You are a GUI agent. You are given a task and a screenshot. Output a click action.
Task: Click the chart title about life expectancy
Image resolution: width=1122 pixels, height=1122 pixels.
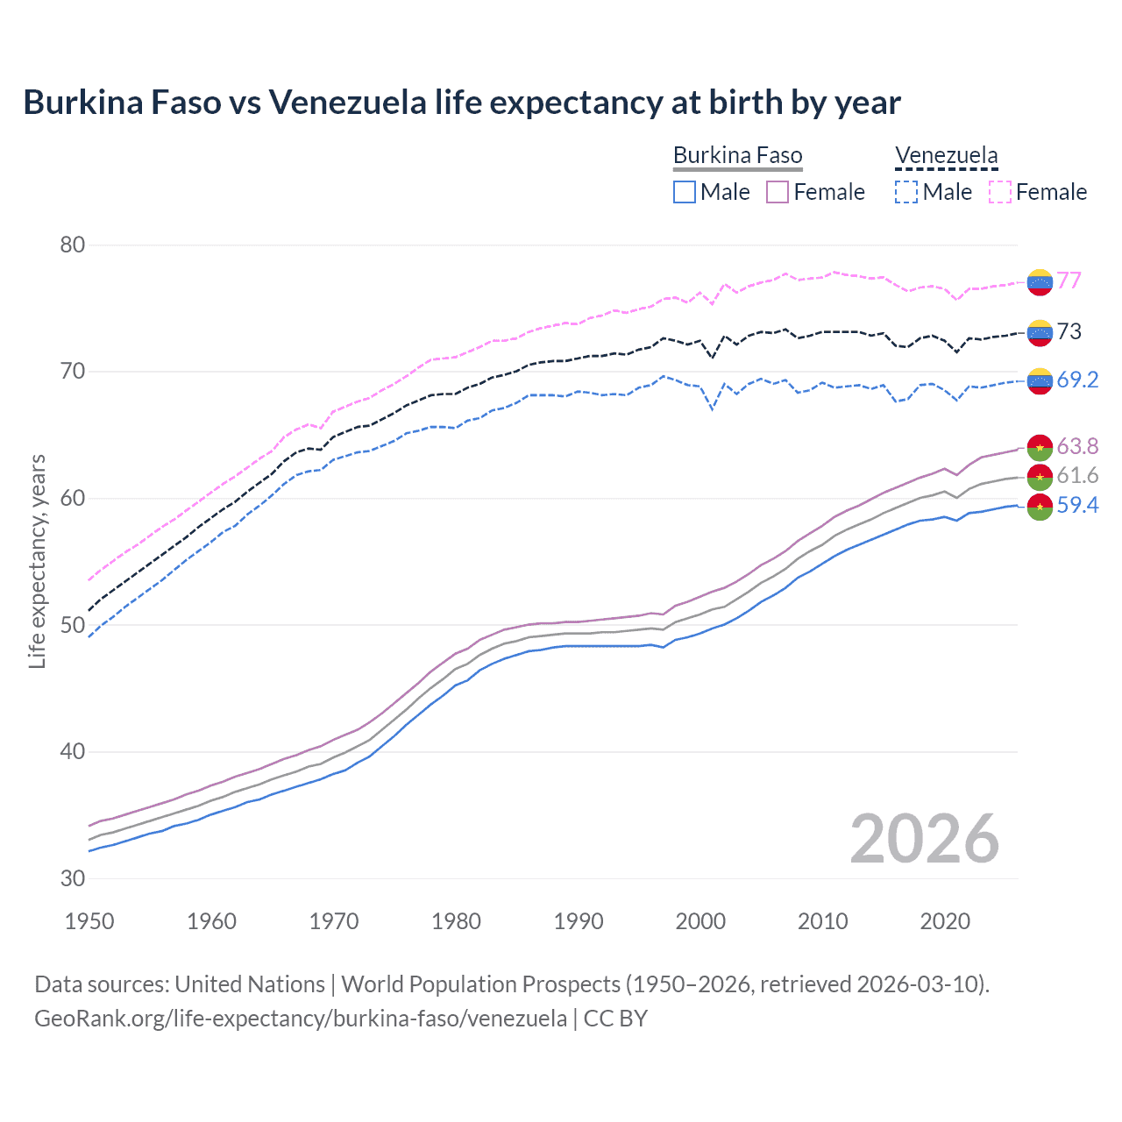tap(461, 103)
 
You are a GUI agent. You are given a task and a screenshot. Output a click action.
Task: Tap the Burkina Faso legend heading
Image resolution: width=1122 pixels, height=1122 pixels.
tap(737, 156)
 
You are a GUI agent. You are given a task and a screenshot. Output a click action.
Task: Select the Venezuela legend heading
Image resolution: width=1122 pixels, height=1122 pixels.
tap(946, 156)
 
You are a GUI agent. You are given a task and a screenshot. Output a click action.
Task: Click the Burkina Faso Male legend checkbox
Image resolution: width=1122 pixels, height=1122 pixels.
tap(685, 192)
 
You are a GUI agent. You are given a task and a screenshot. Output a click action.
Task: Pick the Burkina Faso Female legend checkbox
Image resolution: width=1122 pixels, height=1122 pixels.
tap(778, 192)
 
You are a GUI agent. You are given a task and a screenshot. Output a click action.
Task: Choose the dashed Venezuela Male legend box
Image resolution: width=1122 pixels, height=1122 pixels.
tap(906, 192)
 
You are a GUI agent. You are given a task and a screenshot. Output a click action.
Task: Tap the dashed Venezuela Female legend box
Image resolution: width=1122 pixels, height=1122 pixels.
tap(1000, 192)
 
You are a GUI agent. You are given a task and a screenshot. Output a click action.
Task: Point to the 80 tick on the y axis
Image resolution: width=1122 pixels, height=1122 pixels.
tap(73, 245)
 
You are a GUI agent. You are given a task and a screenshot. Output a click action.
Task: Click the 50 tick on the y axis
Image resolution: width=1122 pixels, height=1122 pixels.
tap(73, 625)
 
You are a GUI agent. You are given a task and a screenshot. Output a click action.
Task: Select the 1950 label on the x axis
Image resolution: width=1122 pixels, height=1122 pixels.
tap(89, 921)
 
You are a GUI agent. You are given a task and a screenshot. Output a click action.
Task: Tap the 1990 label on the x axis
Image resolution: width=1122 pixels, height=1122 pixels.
tap(579, 921)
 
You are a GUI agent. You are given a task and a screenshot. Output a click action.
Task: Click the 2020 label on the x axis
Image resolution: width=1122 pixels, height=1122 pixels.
tap(945, 921)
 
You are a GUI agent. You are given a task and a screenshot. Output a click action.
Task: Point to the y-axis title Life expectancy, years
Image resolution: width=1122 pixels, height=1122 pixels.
tap(37, 561)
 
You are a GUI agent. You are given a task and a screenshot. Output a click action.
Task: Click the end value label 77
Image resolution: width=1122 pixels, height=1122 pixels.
tap(1069, 280)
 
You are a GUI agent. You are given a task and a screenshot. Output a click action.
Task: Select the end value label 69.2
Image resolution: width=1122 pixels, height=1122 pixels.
tap(1077, 380)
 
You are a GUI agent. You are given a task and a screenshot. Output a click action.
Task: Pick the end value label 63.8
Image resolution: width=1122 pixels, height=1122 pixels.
tap(1077, 446)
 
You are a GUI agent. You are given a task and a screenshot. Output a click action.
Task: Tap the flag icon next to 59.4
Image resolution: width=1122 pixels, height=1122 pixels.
tap(1040, 507)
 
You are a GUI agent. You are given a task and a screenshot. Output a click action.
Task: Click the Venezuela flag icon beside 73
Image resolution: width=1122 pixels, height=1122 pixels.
tap(1040, 332)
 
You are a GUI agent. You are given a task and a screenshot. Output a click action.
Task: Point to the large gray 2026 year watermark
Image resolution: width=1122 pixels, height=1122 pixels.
tap(924, 839)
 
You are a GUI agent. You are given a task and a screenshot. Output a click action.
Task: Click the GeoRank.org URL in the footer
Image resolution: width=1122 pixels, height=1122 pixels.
tap(301, 1019)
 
